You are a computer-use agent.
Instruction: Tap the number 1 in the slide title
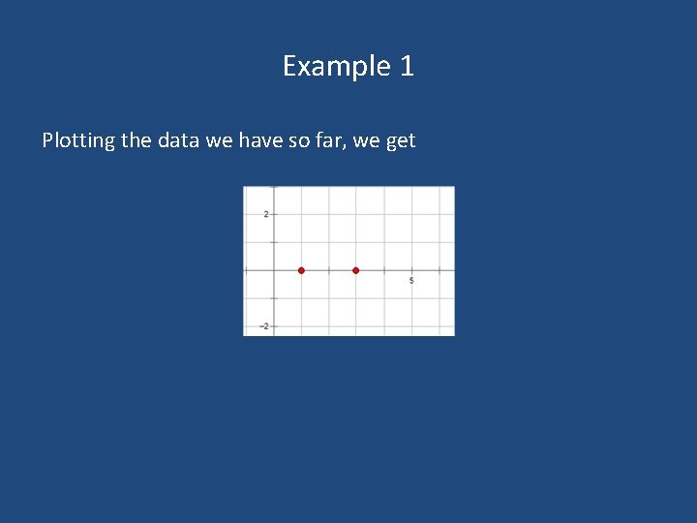(x=407, y=66)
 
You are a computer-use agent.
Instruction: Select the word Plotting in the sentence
(x=78, y=140)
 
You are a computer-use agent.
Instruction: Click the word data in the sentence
(x=177, y=139)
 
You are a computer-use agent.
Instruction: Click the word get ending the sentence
(x=400, y=141)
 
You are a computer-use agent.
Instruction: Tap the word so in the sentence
(x=300, y=139)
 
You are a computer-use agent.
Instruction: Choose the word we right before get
(x=366, y=139)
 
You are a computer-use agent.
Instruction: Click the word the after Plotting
(x=136, y=139)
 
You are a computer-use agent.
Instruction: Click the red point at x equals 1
(x=301, y=270)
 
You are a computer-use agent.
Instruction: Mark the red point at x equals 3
(x=356, y=270)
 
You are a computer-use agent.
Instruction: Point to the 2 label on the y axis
(x=266, y=214)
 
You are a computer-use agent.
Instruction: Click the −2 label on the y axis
(x=264, y=326)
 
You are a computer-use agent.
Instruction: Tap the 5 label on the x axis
(x=411, y=280)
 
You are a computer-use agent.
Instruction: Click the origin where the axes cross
(x=274, y=270)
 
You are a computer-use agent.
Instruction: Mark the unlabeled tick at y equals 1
(x=274, y=242)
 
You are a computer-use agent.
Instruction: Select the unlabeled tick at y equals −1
(x=274, y=298)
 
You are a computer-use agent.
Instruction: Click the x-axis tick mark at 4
(x=384, y=270)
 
